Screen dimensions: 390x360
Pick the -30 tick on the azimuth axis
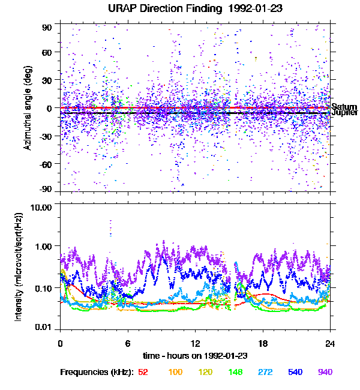pos(46,136)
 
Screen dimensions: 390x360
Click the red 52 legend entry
pos(143,372)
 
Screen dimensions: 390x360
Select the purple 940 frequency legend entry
pos(325,372)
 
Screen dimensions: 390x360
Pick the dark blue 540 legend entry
pos(295,372)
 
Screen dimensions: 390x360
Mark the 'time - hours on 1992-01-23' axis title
pos(195,355)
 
